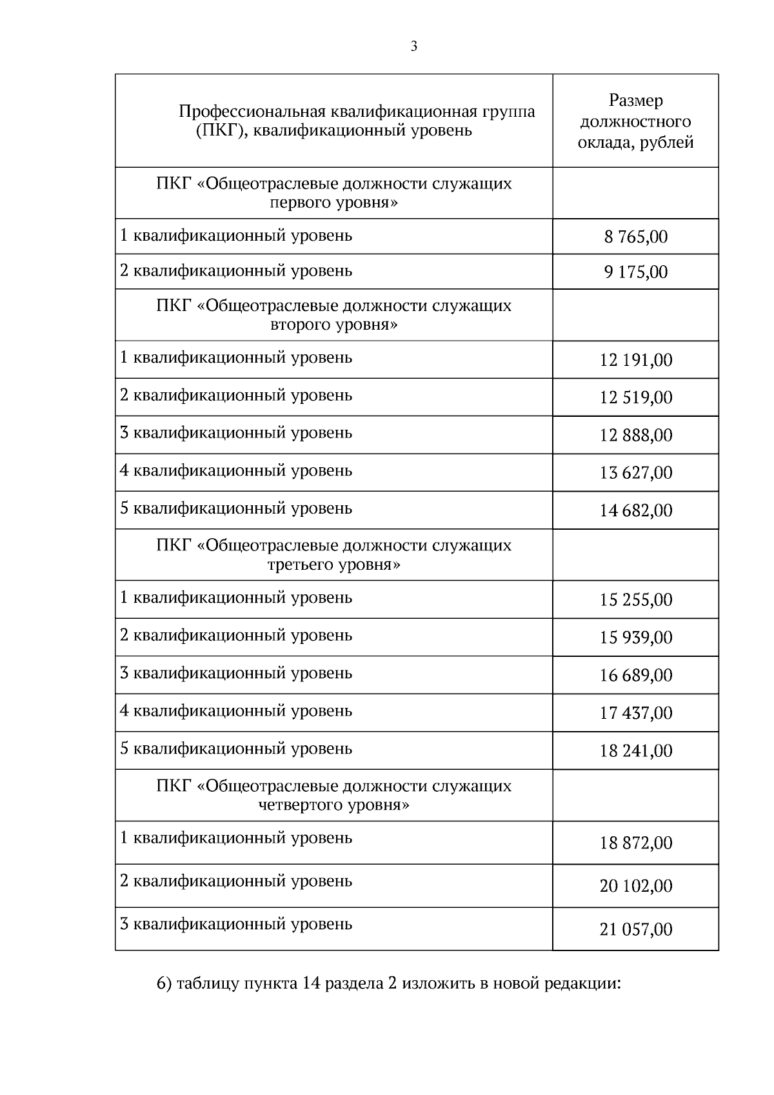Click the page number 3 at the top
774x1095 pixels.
[x=413, y=46]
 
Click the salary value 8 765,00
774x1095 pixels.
[x=635, y=237]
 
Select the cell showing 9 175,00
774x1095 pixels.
[x=635, y=272]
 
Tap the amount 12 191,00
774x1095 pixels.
[x=635, y=360]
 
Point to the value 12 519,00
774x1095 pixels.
[x=635, y=397]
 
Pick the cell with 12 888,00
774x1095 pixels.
[x=635, y=436]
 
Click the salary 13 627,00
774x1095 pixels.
[x=635, y=473]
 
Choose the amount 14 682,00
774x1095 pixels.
[x=635, y=511]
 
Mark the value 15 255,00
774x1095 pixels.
[x=635, y=600]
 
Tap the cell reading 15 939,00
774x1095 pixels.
[x=635, y=638]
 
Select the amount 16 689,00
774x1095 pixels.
[x=635, y=676]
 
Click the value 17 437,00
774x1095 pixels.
[x=635, y=713]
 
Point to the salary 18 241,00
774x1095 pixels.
[x=635, y=751]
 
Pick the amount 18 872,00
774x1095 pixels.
[x=635, y=843]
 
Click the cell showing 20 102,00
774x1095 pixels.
[x=635, y=886]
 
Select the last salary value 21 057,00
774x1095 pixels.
[x=635, y=930]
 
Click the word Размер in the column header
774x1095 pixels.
[x=635, y=101]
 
